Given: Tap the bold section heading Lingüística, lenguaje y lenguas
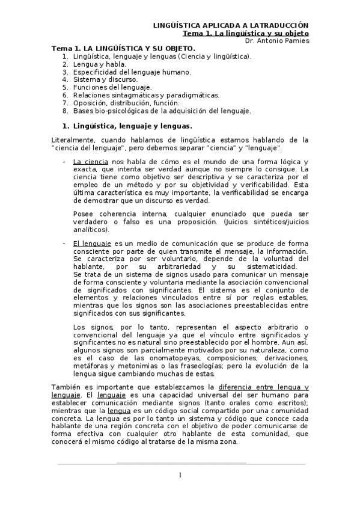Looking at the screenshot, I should click(132, 126).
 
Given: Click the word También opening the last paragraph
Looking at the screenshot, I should click(67, 386).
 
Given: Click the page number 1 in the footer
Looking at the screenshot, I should click(180, 475).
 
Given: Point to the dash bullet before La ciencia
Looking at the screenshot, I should click(64, 162).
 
